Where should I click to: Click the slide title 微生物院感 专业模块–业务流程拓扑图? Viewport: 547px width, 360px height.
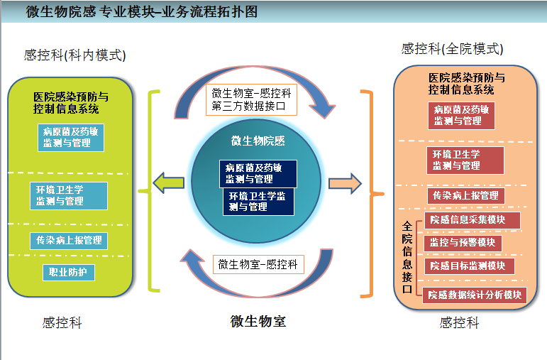pyautogui.click(x=142, y=12)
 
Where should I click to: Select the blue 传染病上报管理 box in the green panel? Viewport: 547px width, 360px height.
pyautogui.click(x=69, y=241)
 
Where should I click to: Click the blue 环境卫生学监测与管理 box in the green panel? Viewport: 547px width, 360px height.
pyautogui.click(x=69, y=196)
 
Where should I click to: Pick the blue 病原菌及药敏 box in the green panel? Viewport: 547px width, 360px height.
pyautogui.click(x=70, y=138)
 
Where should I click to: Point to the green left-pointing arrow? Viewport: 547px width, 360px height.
pyautogui.click(x=169, y=183)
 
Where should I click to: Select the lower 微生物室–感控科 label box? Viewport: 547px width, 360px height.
pyautogui.click(x=258, y=265)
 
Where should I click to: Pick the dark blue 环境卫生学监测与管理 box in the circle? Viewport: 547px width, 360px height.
pyautogui.click(x=258, y=202)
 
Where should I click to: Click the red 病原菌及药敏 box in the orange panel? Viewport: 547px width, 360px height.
pyautogui.click(x=461, y=116)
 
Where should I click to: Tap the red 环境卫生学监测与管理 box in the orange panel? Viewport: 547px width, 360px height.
pyautogui.click(x=465, y=160)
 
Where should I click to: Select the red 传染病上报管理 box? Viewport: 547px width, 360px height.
pyautogui.click(x=465, y=195)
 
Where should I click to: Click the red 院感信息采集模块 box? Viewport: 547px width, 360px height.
pyautogui.click(x=471, y=220)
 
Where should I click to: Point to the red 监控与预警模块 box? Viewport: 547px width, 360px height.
pyautogui.click(x=462, y=243)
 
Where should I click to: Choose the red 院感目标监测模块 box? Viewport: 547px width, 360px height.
pyautogui.click(x=468, y=266)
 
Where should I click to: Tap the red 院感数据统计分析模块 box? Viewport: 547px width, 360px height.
pyautogui.click(x=474, y=295)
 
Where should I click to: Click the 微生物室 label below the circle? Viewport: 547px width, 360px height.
pyautogui.click(x=258, y=321)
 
